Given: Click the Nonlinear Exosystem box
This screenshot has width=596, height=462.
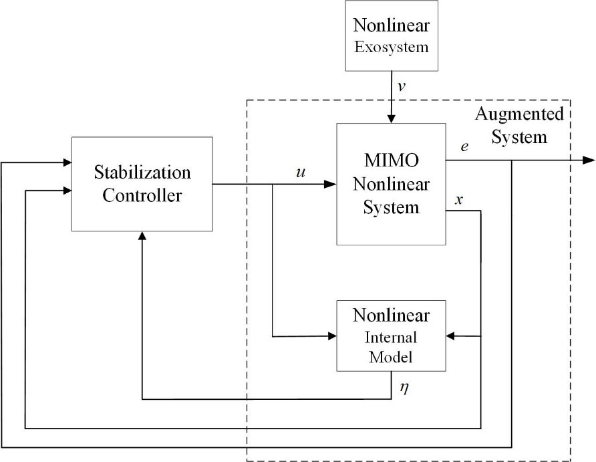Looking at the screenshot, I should coord(391,36).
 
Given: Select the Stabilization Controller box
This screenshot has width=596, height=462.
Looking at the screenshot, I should coord(142,184).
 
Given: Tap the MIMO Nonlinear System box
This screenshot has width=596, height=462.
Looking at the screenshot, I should coord(391,183).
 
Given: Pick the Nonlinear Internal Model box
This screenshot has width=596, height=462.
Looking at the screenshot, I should coord(391,335).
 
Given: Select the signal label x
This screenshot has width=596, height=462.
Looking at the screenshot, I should coord(458,199).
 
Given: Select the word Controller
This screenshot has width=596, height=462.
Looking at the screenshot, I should coord(142,195).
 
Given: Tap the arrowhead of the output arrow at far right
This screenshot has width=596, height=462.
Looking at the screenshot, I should coord(589,160).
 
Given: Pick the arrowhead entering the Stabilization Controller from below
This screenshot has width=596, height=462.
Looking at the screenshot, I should coord(142,237).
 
